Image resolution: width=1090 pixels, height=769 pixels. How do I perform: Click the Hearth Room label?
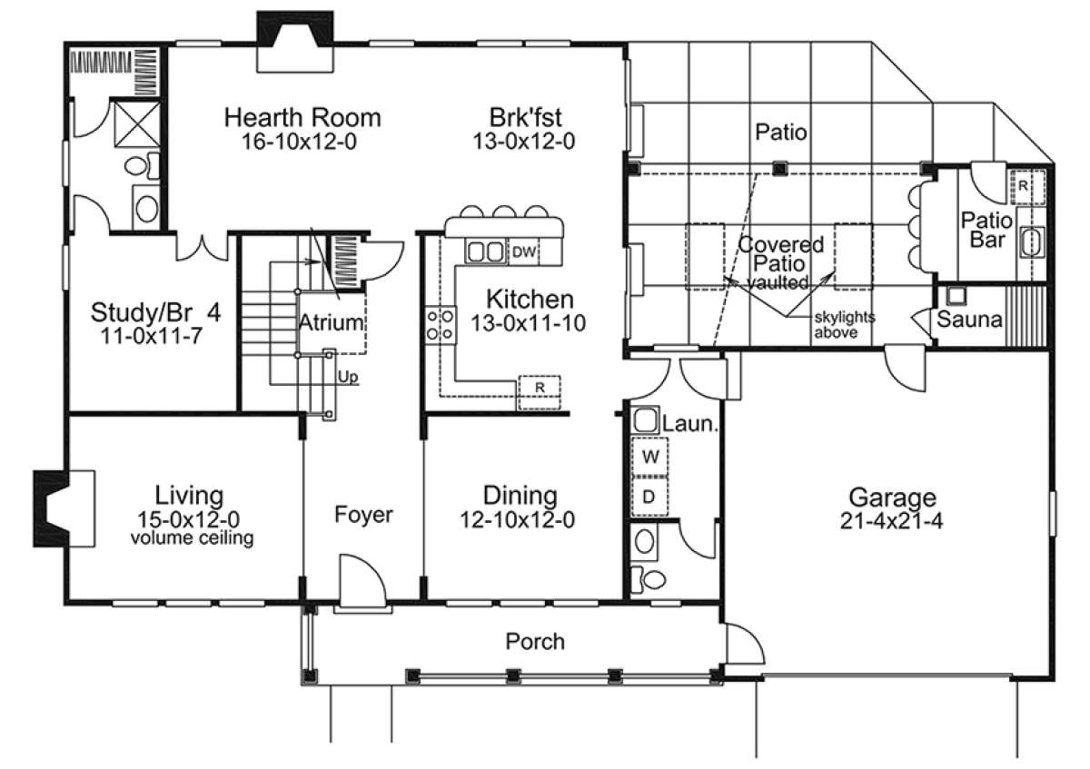pyautogui.click(x=302, y=118)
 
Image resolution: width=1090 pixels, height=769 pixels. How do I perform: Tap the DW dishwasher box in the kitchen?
pyautogui.click(x=523, y=251)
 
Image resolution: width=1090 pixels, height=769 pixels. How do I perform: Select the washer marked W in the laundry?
pyautogui.click(x=649, y=457)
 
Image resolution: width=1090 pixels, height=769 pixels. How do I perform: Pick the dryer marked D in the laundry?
pyautogui.click(x=649, y=497)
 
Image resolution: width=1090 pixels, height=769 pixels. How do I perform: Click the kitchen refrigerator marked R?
pyautogui.click(x=540, y=392)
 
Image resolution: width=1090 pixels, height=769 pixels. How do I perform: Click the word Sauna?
pyautogui.click(x=969, y=320)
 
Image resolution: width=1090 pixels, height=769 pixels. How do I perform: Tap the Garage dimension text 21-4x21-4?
pyautogui.click(x=891, y=521)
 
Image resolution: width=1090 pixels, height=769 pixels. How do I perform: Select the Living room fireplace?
pyautogui.click(x=64, y=508)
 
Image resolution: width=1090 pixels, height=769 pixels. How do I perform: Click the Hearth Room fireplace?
pyautogui.click(x=295, y=42)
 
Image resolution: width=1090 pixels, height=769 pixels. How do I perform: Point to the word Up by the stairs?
pyautogui.click(x=348, y=377)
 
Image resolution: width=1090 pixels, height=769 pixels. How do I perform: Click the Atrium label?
pyautogui.click(x=331, y=322)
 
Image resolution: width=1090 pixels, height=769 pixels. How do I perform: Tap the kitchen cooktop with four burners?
pyautogui.click(x=441, y=325)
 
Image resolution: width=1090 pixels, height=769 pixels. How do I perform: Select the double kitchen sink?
pyautogui.click(x=486, y=251)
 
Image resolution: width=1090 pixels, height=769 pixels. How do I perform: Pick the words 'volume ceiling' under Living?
pyautogui.click(x=193, y=538)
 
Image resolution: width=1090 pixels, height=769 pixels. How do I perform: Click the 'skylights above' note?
pyautogui.click(x=844, y=325)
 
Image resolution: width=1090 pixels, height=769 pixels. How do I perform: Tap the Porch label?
pyautogui.click(x=535, y=642)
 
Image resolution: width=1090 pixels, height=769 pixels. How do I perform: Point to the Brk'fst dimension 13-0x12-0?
pyautogui.click(x=524, y=141)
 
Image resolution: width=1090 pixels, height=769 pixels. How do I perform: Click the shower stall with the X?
pyautogui.click(x=137, y=124)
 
